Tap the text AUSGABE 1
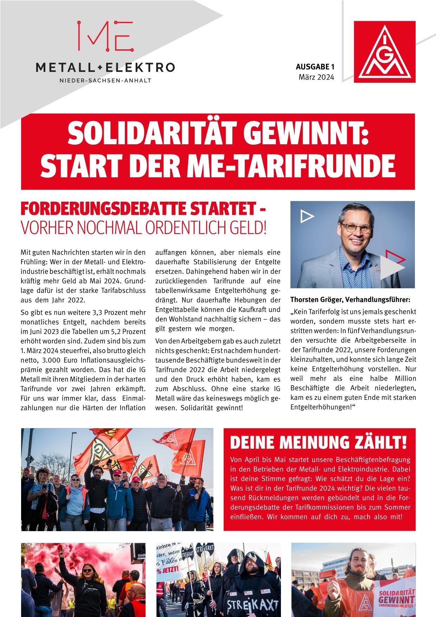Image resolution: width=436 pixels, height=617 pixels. [x=314, y=67]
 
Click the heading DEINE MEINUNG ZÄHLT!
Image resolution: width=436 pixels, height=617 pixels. [x=318, y=442]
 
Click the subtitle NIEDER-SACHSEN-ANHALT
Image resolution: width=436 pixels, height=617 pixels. [x=105, y=81]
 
